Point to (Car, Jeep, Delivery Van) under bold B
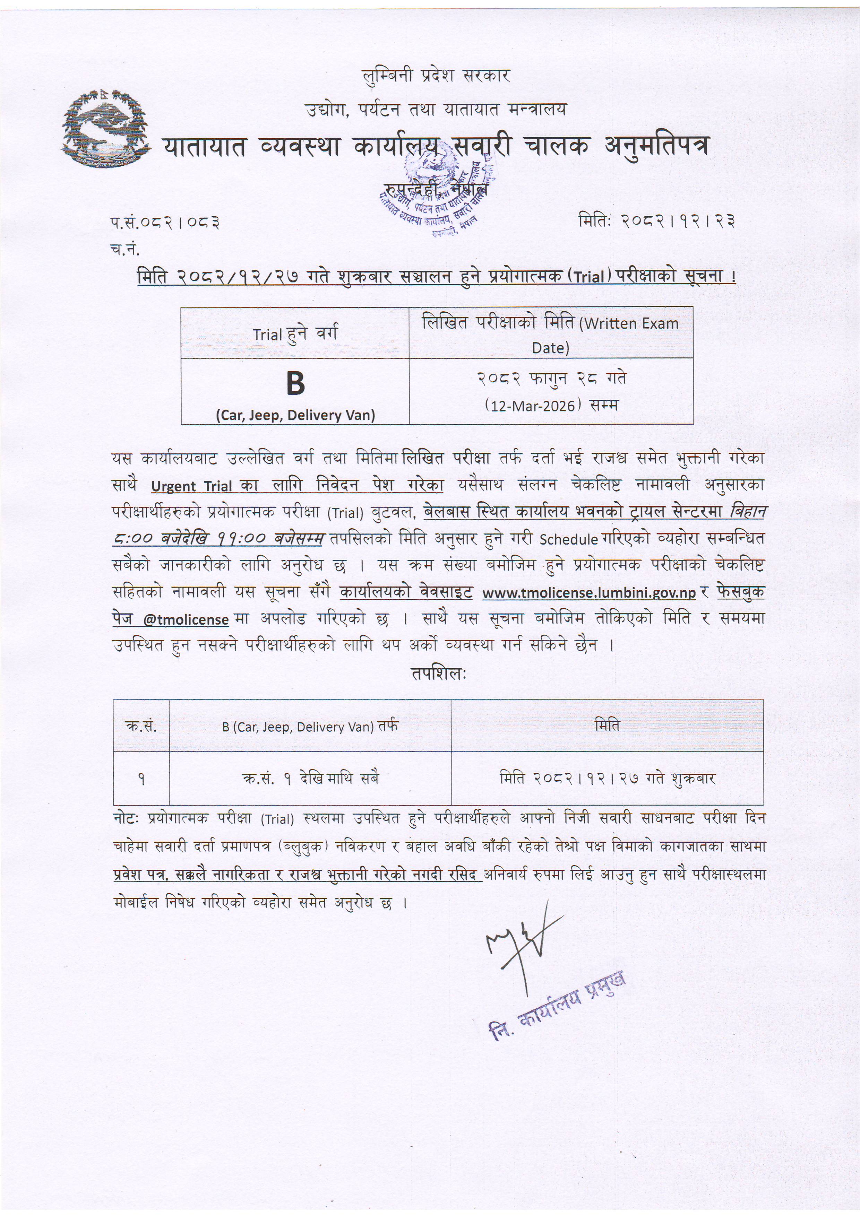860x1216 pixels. click(295, 415)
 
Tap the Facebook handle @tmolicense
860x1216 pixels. click(186, 619)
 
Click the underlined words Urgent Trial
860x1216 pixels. click(192, 486)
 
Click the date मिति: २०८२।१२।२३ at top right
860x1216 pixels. click(657, 220)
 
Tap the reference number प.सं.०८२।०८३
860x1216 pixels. click(165, 223)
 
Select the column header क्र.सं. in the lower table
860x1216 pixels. click(141, 726)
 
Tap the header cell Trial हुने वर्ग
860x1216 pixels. click(295, 334)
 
